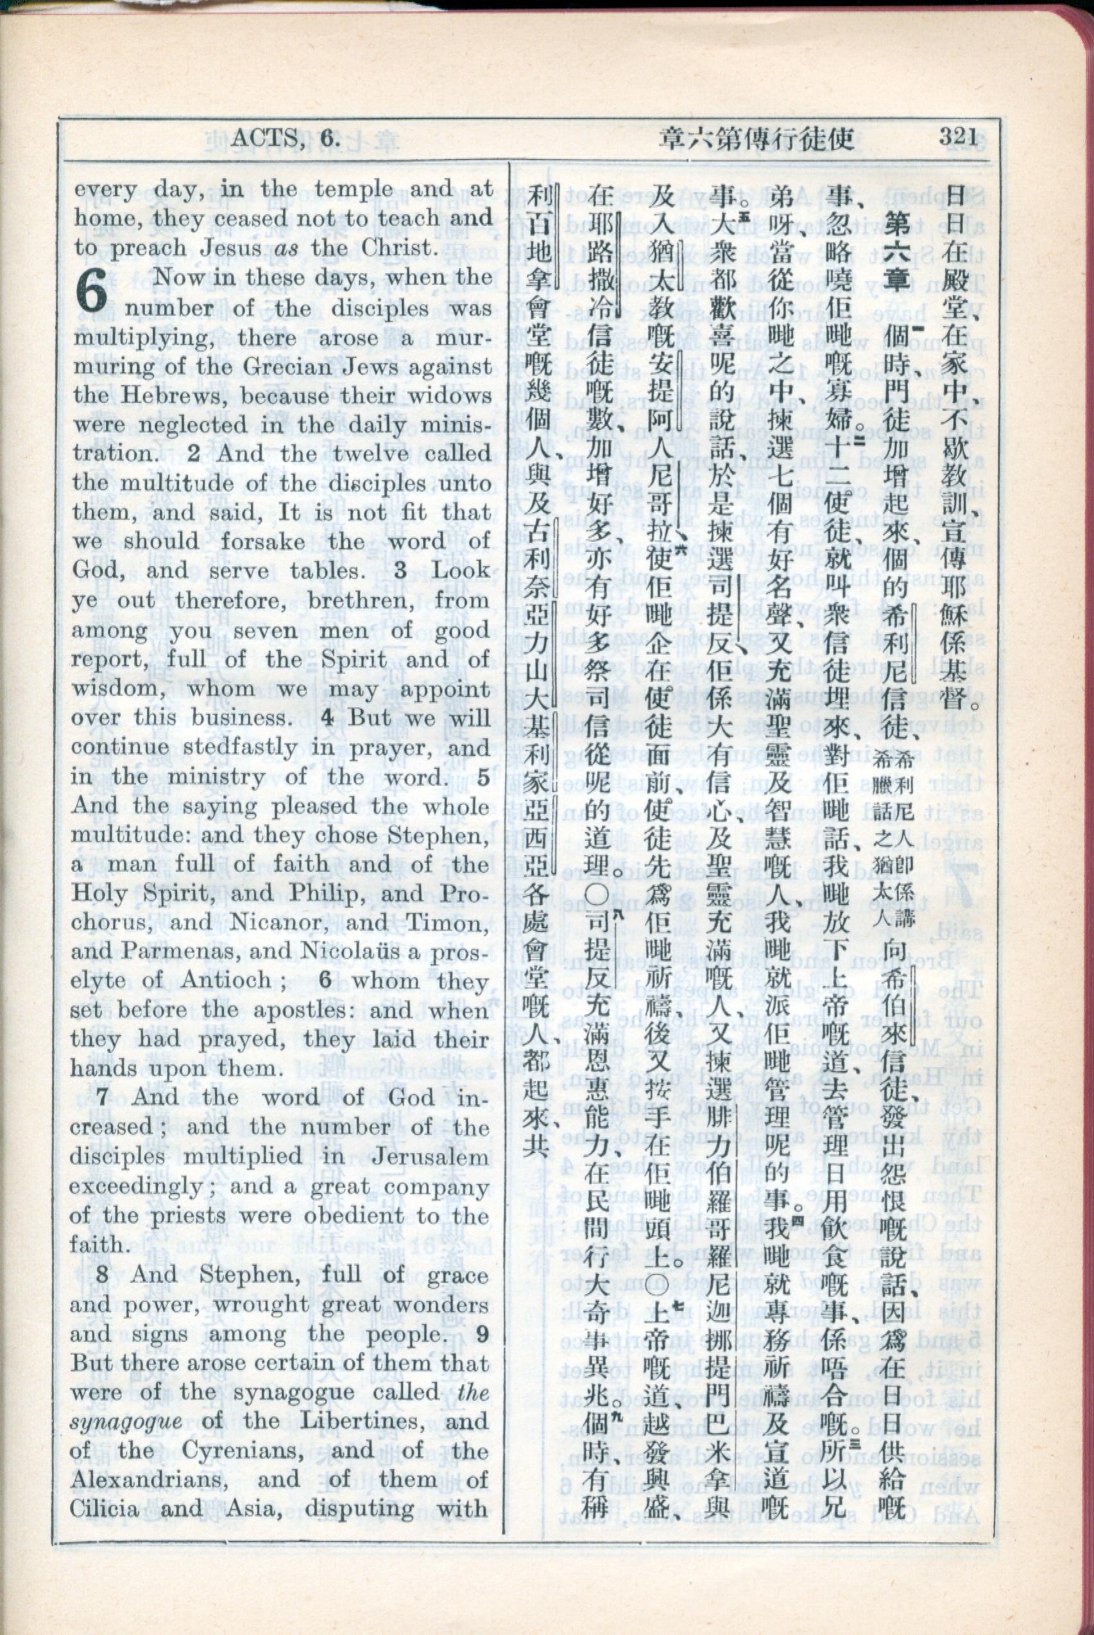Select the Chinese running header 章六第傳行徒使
tap(756, 139)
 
